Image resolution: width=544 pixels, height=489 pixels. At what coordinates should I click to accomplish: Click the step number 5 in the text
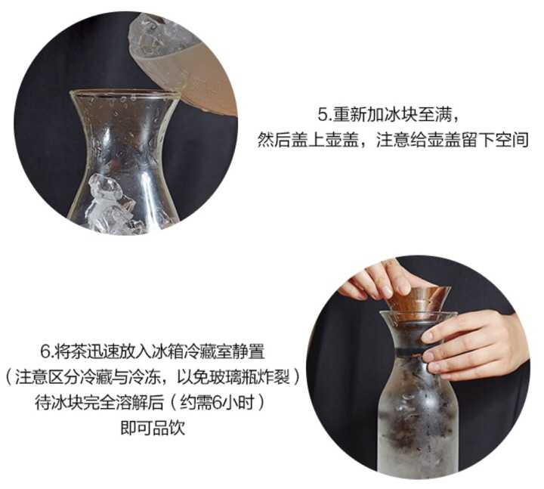point(323,115)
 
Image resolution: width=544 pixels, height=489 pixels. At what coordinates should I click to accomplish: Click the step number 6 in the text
point(46,351)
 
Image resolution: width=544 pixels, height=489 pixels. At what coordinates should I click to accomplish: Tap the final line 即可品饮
point(153,428)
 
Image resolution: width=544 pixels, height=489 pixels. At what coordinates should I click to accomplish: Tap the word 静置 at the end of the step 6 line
point(249,351)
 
